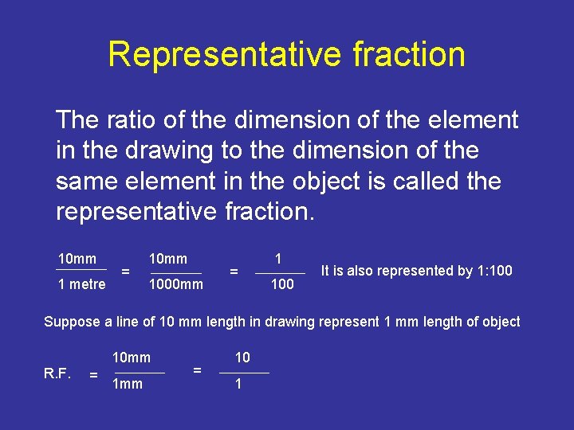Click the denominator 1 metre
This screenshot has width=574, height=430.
81,284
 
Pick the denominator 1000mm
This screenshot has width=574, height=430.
176,284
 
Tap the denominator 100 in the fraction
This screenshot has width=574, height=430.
282,284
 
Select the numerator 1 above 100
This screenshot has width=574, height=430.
278,258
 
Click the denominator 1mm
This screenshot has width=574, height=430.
128,384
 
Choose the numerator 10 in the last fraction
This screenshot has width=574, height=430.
242,358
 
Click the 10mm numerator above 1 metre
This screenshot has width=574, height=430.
77,259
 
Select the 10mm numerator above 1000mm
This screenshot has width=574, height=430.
168,259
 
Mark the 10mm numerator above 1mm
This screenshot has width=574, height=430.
132,358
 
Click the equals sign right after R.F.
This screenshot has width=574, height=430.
94,373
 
